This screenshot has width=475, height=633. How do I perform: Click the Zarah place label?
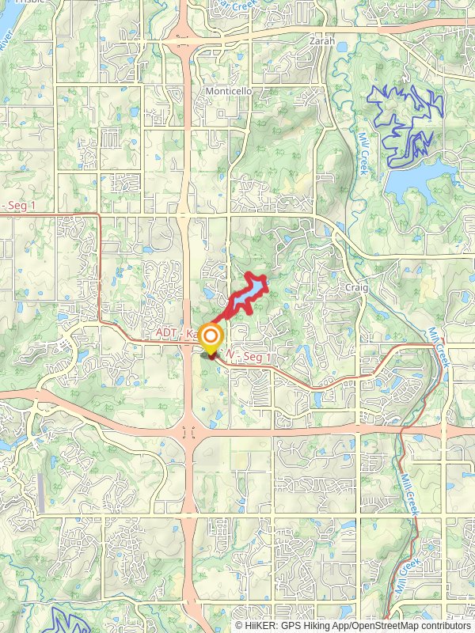coord(322,41)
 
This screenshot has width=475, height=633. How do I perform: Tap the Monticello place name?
coord(229,91)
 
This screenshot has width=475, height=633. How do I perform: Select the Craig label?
coord(356,288)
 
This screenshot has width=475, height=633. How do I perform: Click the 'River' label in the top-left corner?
coord(7,40)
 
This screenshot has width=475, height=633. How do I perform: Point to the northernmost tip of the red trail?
coord(253,275)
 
